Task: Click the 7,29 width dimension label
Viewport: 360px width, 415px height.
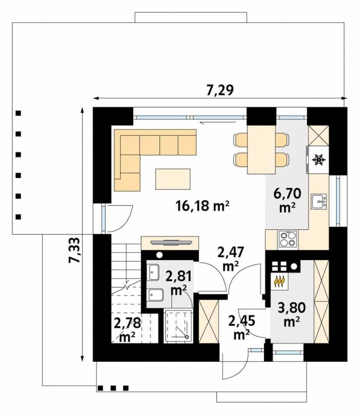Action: coord(220,90)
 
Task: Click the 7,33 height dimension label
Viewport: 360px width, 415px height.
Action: coord(74,250)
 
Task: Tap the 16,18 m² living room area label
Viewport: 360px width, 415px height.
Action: coord(202,206)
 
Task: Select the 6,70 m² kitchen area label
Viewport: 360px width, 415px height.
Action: coord(287,200)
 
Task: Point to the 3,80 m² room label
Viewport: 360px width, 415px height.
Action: coord(292,314)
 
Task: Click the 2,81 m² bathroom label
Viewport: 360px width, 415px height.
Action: coord(178,283)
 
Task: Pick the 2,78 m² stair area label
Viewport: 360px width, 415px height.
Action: coord(127,330)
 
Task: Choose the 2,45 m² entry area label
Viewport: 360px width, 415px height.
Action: coord(242,327)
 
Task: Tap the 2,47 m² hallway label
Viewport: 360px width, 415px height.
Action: coord(230,259)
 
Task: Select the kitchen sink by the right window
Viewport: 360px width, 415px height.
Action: coord(319,202)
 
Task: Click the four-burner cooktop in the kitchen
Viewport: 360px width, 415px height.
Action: coord(287,239)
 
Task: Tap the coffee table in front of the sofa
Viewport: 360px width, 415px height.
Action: coord(173,179)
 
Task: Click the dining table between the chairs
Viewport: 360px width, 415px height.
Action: coord(262,150)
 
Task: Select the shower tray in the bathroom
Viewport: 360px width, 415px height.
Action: coord(178,326)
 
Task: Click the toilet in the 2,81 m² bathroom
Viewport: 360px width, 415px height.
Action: coord(156,295)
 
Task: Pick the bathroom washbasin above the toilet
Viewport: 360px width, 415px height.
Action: coord(153,272)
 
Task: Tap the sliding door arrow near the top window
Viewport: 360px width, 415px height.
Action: coord(218,122)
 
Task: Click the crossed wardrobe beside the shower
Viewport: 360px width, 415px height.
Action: coord(209,321)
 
